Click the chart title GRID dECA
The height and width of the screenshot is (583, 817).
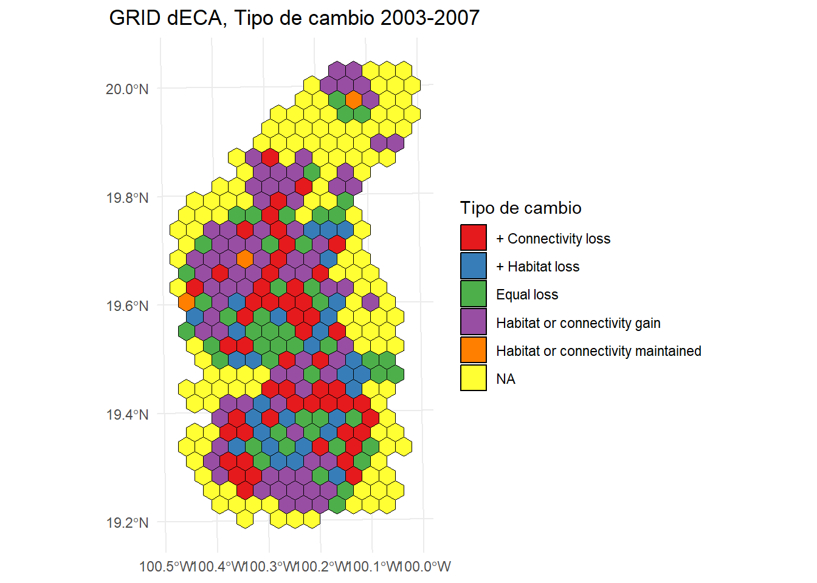pyautogui.click(x=166, y=18)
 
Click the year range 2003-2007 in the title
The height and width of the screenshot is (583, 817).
pyautogui.click(x=430, y=18)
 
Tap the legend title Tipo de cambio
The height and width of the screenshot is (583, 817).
pyautogui.click(x=520, y=208)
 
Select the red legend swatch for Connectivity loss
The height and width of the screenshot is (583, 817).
pyautogui.click(x=474, y=237)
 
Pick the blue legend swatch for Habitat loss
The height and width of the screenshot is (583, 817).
pyautogui.click(x=474, y=265)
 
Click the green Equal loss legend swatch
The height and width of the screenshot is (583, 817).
pyautogui.click(x=474, y=294)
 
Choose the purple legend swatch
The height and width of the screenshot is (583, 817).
pyautogui.click(x=474, y=322)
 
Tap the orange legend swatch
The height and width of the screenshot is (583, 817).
pyautogui.click(x=474, y=350)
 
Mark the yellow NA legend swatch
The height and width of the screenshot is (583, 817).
pyautogui.click(x=474, y=378)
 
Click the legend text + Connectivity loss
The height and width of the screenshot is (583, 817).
pyautogui.click(x=553, y=239)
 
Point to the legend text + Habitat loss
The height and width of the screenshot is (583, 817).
pyautogui.click(x=537, y=267)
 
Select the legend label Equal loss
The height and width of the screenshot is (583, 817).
pyautogui.click(x=526, y=295)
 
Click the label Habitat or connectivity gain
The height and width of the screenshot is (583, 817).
pyautogui.click(x=577, y=323)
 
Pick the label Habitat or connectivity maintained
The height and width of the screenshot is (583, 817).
pyautogui.click(x=598, y=351)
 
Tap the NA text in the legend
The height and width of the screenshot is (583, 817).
pyautogui.click(x=505, y=379)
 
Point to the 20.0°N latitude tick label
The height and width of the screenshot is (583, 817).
pyautogui.click(x=127, y=89)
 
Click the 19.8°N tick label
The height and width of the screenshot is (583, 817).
pyautogui.click(x=127, y=198)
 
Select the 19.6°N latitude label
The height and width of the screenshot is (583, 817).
pyautogui.click(x=127, y=306)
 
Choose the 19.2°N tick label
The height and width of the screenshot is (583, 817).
pyautogui.click(x=127, y=523)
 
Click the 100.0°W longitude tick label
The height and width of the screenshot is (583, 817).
pyautogui.click(x=427, y=567)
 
